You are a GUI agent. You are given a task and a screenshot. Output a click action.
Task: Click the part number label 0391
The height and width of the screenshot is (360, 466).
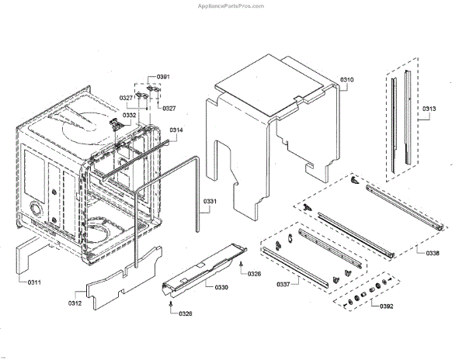163,77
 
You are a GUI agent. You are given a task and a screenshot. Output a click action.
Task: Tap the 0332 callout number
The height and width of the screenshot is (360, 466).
128,115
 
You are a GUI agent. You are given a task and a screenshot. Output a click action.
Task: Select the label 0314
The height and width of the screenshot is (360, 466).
176,130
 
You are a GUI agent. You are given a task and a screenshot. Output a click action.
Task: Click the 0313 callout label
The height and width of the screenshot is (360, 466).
429,108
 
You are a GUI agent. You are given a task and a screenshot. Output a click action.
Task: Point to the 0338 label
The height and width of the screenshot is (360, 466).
433,254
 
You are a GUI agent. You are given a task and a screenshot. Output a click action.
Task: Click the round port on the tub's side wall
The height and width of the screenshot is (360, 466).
36,209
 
